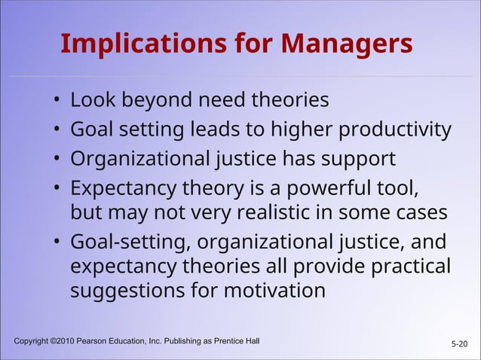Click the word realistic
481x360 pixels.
tap(279, 212)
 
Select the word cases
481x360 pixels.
tap(417, 212)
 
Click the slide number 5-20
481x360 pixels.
tap(459, 344)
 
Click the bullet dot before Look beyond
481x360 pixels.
tap(57, 101)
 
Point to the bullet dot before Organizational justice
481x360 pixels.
tap(57, 161)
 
